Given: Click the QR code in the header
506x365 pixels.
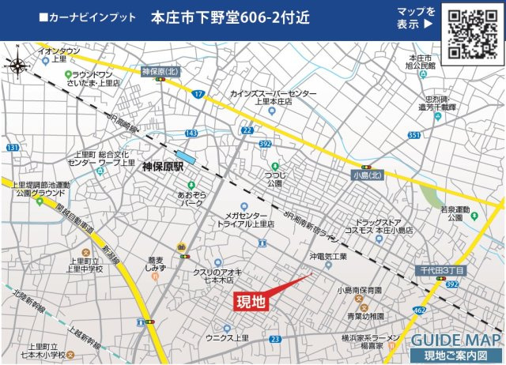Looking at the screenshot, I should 471,35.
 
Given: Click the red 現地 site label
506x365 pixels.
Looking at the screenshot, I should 252,300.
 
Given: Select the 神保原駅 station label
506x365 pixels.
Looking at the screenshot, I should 162,167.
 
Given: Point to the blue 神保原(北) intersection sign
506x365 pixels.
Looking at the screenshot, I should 160,72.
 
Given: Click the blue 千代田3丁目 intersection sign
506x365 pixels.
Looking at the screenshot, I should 440,271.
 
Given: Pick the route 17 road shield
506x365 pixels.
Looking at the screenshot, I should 198,95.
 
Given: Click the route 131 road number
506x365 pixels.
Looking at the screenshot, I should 12,148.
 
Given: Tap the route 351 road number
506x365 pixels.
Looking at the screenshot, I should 414,135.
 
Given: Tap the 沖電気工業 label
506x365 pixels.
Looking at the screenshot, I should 328,257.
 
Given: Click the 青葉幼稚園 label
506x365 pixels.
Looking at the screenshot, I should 365,315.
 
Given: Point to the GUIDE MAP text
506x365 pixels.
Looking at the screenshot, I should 455,340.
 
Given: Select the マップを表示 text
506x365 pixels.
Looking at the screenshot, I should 415,17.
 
